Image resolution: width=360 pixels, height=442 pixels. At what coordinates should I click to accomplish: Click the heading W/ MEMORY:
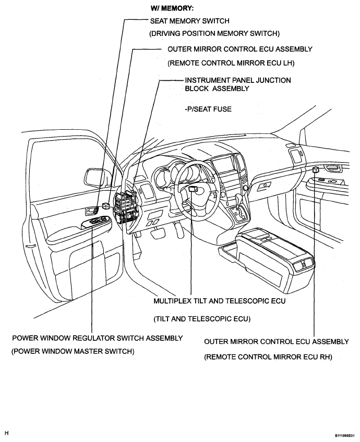(172, 8)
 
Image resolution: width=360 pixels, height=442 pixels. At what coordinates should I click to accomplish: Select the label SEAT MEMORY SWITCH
(189, 21)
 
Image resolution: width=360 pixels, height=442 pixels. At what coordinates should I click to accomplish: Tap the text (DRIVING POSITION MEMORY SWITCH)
(214, 33)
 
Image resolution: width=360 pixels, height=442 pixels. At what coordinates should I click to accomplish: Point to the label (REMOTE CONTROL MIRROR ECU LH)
(231, 63)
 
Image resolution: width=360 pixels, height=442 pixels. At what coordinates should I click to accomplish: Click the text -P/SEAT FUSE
(208, 109)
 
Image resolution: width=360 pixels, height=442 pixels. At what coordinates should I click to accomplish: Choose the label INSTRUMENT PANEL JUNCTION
(238, 80)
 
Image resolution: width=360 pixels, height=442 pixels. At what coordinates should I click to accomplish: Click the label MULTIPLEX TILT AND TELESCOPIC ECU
(220, 301)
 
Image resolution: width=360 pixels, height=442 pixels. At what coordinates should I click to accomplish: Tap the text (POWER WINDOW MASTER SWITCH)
(73, 351)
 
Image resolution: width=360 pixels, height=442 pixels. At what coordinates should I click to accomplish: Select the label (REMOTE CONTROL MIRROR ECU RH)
(268, 357)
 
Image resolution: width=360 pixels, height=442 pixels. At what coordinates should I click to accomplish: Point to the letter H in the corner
(7, 433)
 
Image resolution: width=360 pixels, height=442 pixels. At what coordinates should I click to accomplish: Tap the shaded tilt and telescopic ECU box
(193, 189)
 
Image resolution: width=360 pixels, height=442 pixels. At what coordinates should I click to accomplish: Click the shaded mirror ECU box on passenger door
(316, 170)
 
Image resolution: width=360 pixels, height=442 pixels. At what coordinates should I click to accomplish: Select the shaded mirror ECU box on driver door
(106, 206)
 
